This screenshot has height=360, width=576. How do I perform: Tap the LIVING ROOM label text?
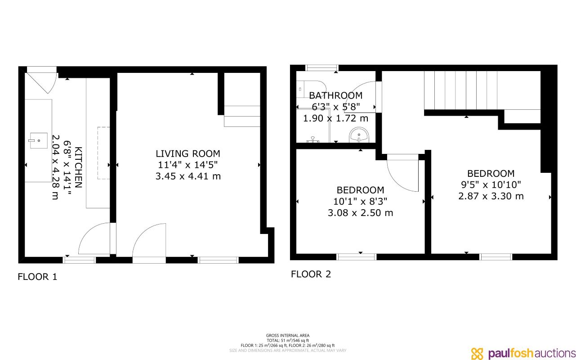click(x=188, y=154)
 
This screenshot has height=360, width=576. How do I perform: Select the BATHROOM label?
click(x=335, y=95)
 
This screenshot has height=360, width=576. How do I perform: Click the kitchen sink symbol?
click(x=38, y=140)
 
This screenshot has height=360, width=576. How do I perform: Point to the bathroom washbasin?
click(x=360, y=135)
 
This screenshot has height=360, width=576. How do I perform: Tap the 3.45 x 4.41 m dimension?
click(x=188, y=176)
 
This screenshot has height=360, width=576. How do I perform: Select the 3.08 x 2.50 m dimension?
click(x=360, y=213)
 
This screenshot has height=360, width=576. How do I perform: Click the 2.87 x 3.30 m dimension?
click(x=491, y=196)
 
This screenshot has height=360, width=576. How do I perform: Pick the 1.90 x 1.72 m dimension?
click(x=335, y=119)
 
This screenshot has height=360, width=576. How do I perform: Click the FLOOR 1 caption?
click(x=37, y=277)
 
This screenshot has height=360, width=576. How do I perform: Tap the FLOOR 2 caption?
click(x=311, y=274)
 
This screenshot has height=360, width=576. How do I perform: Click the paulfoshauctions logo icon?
click(x=478, y=353)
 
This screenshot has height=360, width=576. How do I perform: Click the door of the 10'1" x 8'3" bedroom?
click(x=403, y=173)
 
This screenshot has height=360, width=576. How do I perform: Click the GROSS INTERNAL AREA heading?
click(x=288, y=335)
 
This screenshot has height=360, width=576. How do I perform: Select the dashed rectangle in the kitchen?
click(x=103, y=153)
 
